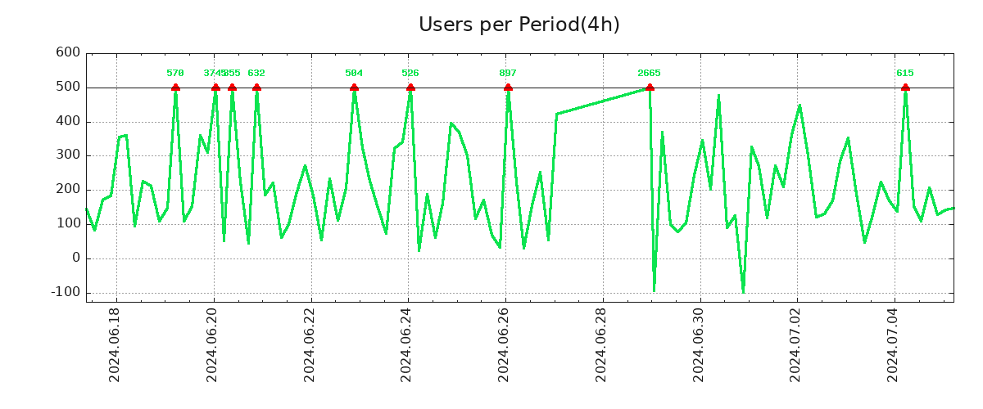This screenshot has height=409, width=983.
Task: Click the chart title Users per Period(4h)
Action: pyautogui.click(x=519, y=25)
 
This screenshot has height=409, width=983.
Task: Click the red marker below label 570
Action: pyautogui.click(x=175, y=88)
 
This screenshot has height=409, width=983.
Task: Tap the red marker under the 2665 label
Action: pyautogui.click(x=650, y=88)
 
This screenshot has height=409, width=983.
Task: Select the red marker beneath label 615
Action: pyautogui.click(x=905, y=88)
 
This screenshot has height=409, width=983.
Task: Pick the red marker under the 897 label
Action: pyautogui.click(x=508, y=88)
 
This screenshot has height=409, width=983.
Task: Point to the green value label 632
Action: pyautogui.click(x=256, y=74)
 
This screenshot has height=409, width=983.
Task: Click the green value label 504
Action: pyautogui.click(x=354, y=74)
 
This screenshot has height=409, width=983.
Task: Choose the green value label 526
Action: pyautogui.click(x=410, y=74)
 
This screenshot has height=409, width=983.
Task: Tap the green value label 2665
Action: pyautogui.click(x=649, y=74)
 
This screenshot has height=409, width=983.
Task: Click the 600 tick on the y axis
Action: pyautogui.click(x=68, y=53)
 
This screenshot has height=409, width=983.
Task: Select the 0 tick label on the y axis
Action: pyautogui.click(x=75, y=258)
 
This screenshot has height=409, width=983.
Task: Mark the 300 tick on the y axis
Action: pyautogui.click(x=68, y=155)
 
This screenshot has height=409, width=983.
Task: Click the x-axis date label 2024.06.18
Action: pyautogui.click(x=116, y=344)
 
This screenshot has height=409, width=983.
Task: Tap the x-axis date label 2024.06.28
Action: pyautogui.click(x=602, y=344)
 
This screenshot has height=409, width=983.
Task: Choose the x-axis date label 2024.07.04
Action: pyautogui.click(x=894, y=344)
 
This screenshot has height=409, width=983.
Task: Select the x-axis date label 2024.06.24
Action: pyautogui.click(x=407, y=344)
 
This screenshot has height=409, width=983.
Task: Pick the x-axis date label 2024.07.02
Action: pyautogui.click(x=796, y=344)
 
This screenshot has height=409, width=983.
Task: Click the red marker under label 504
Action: pyautogui.click(x=354, y=88)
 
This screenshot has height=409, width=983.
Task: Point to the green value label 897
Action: pyautogui.click(x=508, y=74)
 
